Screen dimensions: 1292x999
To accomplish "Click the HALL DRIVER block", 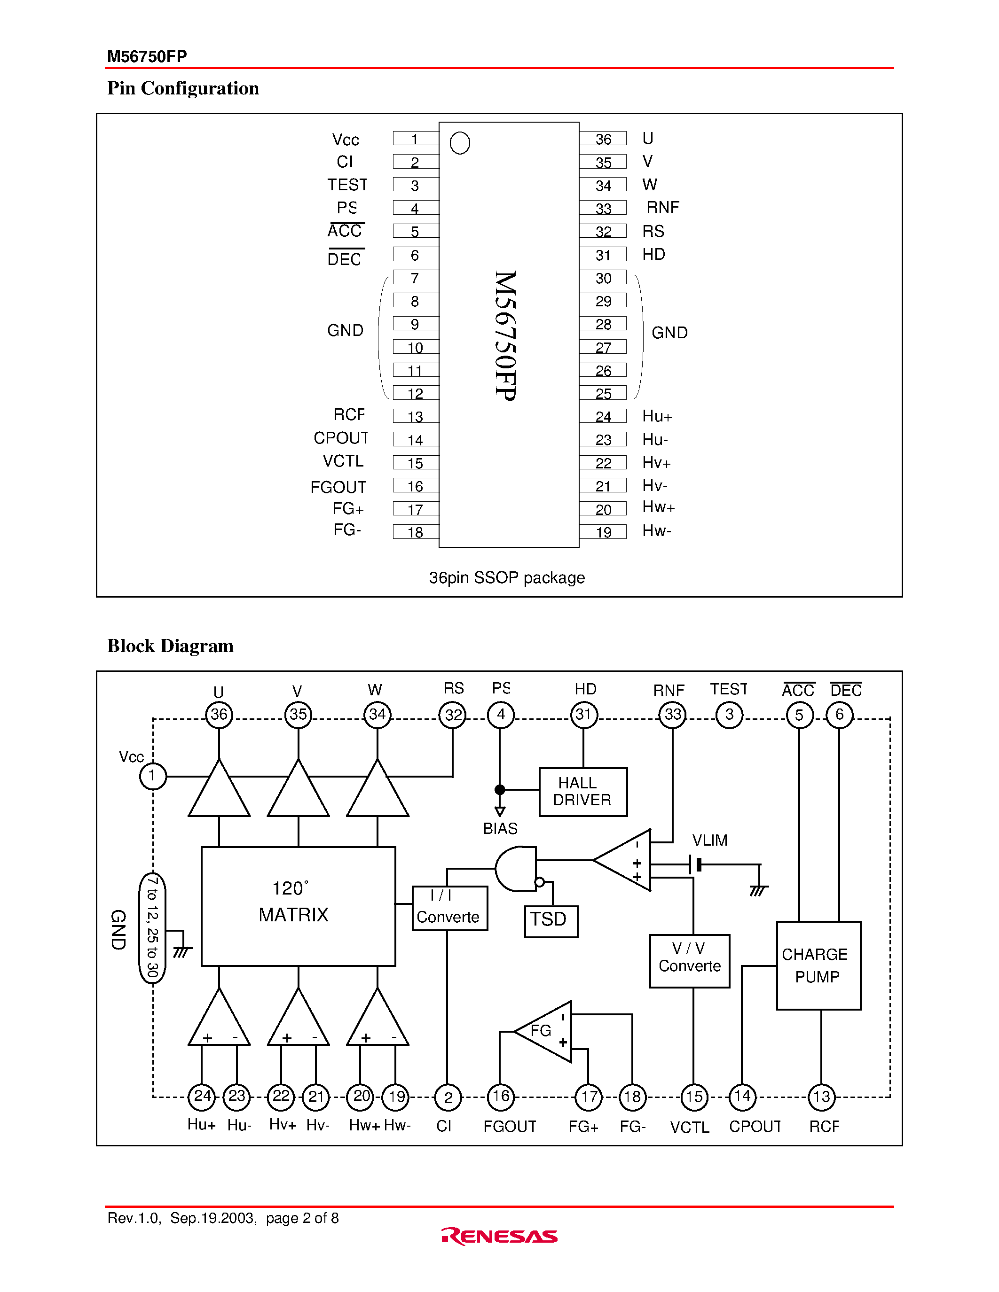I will click(582, 792).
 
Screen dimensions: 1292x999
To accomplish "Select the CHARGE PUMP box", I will click(818, 965).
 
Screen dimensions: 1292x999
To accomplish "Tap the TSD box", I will click(551, 920).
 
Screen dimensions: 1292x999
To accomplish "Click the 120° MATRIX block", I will click(298, 906).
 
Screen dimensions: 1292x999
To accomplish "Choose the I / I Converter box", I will click(449, 908).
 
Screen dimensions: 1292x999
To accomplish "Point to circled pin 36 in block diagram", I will click(219, 714).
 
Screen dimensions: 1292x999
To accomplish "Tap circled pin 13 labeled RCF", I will click(821, 1096).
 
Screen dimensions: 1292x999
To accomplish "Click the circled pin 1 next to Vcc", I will click(153, 776).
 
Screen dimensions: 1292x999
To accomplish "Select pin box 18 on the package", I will click(416, 532).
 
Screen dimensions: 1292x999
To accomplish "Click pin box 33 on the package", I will click(603, 208).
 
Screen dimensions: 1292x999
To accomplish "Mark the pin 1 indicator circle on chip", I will click(460, 142).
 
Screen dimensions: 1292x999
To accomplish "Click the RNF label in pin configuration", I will click(662, 207).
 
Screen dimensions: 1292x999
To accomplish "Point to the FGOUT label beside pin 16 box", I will click(338, 487).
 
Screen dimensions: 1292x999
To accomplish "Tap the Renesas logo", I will click(499, 1236).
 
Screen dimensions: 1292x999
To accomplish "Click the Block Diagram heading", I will click(171, 646).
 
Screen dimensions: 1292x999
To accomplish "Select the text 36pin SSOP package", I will click(507, 577).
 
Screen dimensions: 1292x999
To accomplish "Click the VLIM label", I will click(709, 840).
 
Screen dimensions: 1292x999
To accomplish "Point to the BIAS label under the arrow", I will click(500, 828).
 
